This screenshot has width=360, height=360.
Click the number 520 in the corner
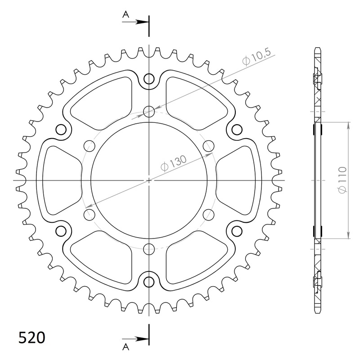31,337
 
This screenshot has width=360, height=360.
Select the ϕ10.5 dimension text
256,59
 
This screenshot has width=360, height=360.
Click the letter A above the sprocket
126,15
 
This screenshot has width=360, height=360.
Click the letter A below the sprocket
126,345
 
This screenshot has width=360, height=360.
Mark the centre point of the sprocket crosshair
149,180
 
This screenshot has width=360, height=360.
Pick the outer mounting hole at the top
149,79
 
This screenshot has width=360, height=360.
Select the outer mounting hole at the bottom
149,282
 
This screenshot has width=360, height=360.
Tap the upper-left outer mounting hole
61,130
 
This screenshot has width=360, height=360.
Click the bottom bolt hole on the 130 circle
149,248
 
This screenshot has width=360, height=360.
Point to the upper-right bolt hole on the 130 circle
208,146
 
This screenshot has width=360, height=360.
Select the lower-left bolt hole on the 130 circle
90,214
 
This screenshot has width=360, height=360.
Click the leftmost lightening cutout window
61,180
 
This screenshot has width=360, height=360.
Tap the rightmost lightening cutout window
237,180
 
